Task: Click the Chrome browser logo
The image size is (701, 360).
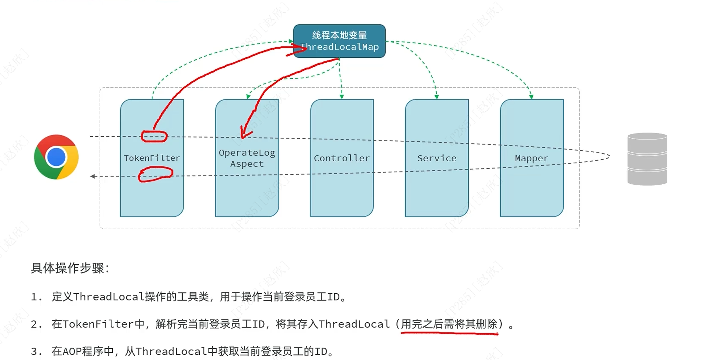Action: click(56, 157)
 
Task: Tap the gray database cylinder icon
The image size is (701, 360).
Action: click(647, 159)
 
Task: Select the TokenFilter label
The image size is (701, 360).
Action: click(152, 158)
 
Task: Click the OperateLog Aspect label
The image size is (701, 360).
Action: click(247, 158)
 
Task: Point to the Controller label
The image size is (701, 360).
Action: click(342, 158)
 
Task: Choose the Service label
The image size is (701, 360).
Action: click(437, 158)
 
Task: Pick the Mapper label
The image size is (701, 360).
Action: click(532, 158)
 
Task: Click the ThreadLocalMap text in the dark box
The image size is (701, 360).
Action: click(339, 47)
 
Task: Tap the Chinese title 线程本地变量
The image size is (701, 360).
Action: click(339, 35)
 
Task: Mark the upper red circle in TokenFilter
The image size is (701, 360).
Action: click(154, 136)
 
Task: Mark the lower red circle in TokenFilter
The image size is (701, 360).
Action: click(155, 174)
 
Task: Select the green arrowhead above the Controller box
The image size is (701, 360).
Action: click(342, 96)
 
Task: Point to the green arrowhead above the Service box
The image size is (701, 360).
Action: click(437, 96)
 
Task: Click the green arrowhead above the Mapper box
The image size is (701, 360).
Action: click(531, 96)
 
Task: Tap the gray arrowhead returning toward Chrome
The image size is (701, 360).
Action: click(93, 176)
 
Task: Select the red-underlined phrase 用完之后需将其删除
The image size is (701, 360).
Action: click(449, 324)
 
